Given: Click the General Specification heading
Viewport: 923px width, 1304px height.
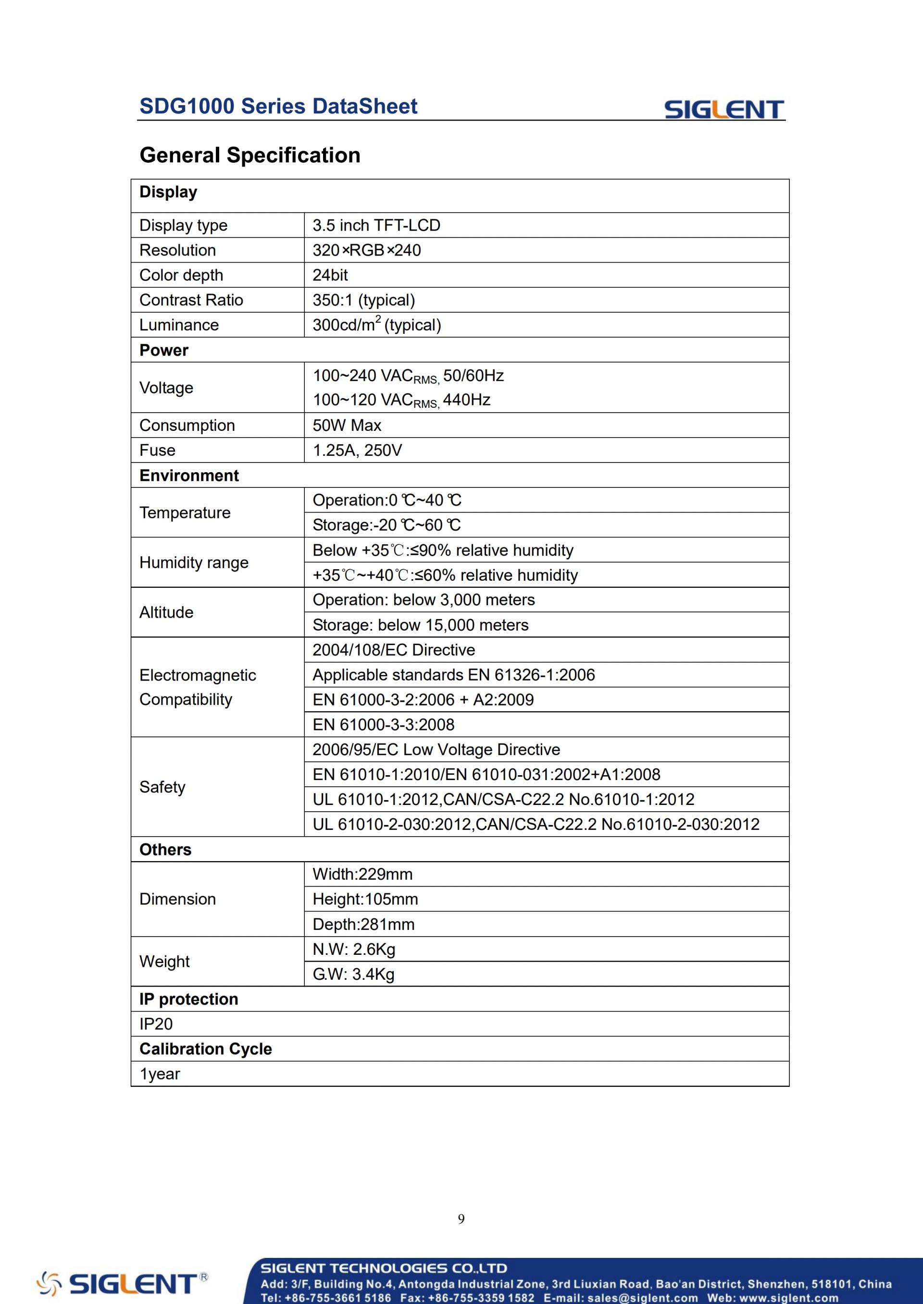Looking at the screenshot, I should [x=249, y=155].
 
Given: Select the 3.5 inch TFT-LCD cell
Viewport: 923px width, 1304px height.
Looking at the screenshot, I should [x=376, y=225].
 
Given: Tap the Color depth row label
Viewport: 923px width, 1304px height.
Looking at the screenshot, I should [x=181, y=276].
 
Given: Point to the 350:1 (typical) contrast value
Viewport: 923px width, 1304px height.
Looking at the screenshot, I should [x=364, y=301].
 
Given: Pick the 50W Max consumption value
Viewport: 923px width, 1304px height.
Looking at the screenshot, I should [x=347, y=426].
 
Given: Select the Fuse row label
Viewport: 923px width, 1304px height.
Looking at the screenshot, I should [x=157, y=451].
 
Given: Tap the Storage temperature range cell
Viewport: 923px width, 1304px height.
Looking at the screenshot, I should [x=387, y=525].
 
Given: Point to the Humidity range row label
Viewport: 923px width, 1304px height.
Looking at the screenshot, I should [x=194, y=563].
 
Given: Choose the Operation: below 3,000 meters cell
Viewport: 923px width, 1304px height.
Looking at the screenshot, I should [x=424, y=600].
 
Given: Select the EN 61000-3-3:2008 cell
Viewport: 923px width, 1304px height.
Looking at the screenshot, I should [x=383, y=725].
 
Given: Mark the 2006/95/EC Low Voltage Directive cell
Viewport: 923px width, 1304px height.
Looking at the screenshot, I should [x=436, y=750].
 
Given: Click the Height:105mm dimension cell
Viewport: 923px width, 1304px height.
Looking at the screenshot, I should [x=365, y=900].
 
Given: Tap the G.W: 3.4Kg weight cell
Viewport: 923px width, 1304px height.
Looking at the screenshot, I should [x=353, y=975].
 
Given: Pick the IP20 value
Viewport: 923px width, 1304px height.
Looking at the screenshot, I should [x=156, y=1024].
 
